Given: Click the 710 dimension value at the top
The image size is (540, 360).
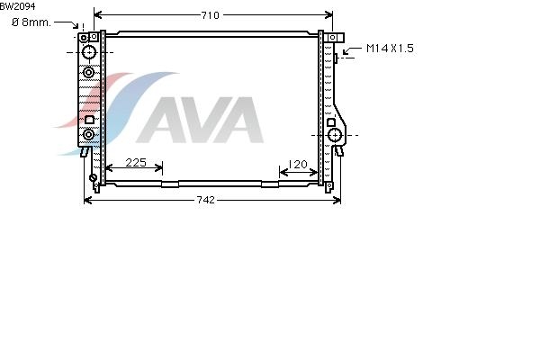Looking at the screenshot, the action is [210, 15].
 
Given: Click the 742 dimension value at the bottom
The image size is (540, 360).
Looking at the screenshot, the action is [205, 200].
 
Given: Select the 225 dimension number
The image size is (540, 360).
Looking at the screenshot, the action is [136, 163].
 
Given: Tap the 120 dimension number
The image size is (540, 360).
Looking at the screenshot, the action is [298, 165].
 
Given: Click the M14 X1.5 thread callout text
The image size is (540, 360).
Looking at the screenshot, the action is [390, 49].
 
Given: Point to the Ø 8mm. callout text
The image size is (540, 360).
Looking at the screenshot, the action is [31, 22].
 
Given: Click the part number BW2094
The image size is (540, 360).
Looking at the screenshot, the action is [18, 6].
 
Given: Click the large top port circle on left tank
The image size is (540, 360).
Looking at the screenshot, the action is [89, 52].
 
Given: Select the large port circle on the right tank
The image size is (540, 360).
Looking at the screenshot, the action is [335, 135].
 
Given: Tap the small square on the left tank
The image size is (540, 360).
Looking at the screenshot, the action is [89, 120].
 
